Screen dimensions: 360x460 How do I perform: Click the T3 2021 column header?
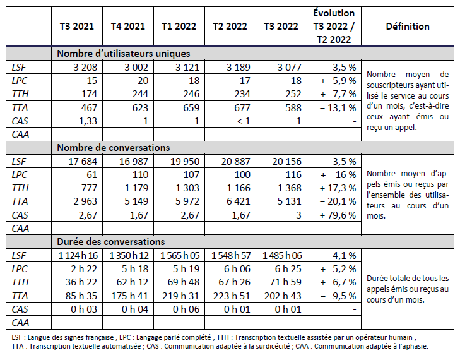(x=77, y=27)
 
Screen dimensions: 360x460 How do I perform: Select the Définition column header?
(x=407, y=27)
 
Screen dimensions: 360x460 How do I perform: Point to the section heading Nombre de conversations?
(x=114, y=147)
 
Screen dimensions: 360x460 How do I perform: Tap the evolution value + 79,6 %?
(x=337, y=214)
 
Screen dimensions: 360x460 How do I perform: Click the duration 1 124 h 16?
(x=77, y=255)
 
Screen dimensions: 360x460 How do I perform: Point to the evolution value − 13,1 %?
(x=337, y=107)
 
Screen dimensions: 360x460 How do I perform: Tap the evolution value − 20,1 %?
(x=337, y=201)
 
